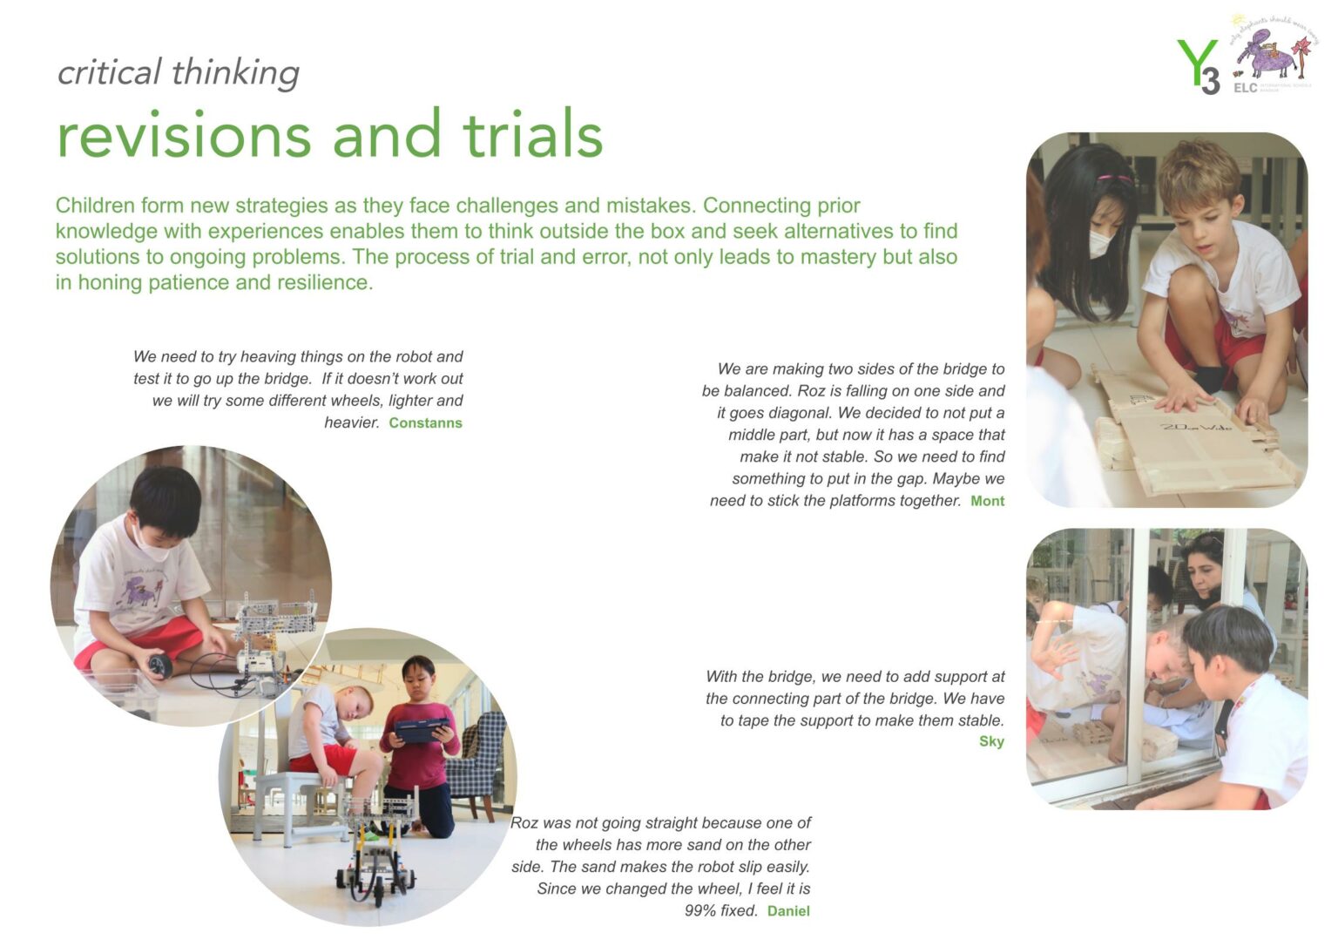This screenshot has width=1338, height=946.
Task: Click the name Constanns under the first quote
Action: point(425,423)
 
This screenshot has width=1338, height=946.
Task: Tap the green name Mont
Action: point(987,502)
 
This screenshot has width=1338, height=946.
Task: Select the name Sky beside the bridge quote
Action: point(991,741)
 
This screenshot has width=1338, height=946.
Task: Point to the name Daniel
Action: point(788,911)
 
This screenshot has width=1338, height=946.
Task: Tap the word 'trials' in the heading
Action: point(532,135)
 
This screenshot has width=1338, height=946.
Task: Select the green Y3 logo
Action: point(1199,66)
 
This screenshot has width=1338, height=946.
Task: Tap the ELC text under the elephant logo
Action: point(1245,88)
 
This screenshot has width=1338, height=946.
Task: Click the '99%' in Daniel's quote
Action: point(701,911)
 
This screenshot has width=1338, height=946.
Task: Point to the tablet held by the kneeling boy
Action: point(422,729)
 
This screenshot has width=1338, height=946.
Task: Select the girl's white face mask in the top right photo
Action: point(1099,244)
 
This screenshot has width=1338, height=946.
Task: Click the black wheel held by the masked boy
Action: point(159,666)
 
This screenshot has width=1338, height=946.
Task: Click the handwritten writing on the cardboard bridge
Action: point(1195,427)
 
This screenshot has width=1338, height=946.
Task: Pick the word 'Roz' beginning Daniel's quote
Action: point(524,823)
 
